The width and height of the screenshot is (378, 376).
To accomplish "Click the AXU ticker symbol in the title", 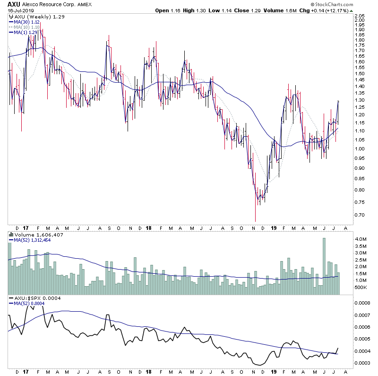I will [x=13, y=4].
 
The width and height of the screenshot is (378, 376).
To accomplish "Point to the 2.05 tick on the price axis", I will [x=361, y=16].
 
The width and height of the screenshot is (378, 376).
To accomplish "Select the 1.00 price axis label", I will [x=361, y=149].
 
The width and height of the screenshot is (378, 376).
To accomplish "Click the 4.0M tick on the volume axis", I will [x=361, y=239].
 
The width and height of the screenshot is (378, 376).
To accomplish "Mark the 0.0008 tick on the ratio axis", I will [x=362, y=303].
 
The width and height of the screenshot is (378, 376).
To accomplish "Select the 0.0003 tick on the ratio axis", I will [x=362, y=363].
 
